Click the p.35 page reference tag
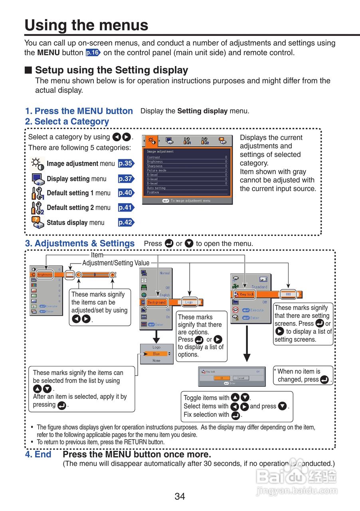tap(126, 163)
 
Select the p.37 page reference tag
tap(126, 179)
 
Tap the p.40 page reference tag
tap(126, 193)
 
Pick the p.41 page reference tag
tap(126, 208)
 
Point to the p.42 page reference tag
tap(126, 222)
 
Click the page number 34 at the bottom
tap(180, 496)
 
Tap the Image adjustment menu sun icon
tap(37, 164)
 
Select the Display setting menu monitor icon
tap(37, 178)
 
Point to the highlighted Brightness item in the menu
tap(45, 275)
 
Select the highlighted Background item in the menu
tap(156, 302)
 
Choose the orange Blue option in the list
tap(156, 354)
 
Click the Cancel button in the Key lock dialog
tap(241, 378)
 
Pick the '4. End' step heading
tap(38, 454)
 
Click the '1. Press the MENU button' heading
tap(79, 111)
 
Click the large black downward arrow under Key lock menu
tap(247, 349)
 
